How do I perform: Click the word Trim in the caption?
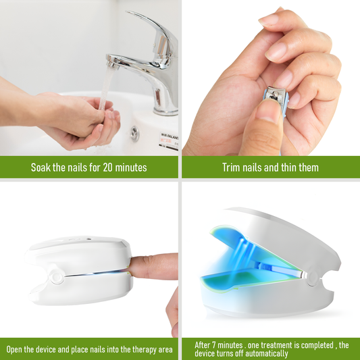tap(234, 167)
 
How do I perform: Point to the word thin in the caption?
tap(288, 167)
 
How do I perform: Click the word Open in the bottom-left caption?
tap(16, 349)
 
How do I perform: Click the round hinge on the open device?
tap(311, 278)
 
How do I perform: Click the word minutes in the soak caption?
tap(132, 167)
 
